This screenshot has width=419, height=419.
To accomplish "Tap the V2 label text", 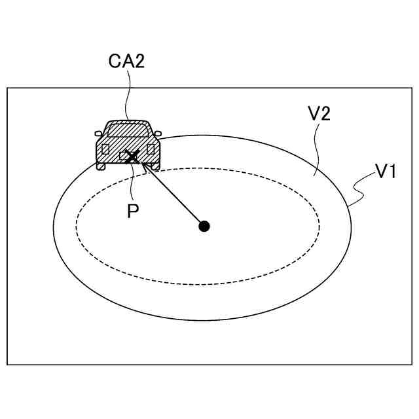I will (318, 113).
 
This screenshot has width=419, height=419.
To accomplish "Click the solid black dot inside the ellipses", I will (204, 226).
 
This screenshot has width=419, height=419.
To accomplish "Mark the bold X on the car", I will (132, 156).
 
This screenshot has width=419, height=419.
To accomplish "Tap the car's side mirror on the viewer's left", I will (98, 134).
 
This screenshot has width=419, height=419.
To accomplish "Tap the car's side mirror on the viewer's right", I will (158, 134).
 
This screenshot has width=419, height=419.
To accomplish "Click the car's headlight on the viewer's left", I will (105, 149).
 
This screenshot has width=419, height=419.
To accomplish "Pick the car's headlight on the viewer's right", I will (151, 149).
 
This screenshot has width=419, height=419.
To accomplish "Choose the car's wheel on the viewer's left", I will (101, 167).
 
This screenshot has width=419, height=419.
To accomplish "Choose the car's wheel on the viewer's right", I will (155, 167).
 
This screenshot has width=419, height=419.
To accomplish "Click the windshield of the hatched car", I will (128, 130).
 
